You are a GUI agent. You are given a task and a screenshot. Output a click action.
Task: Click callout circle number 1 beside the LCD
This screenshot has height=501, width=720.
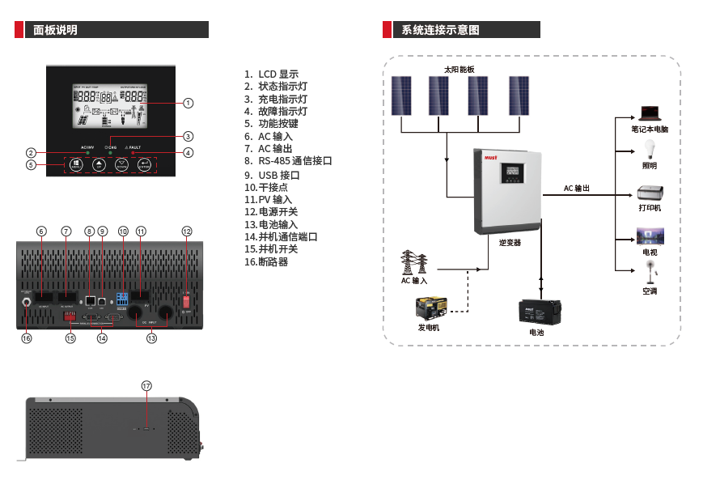point(188,103)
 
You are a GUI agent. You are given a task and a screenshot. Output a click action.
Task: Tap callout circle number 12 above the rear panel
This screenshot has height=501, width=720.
point(187,231)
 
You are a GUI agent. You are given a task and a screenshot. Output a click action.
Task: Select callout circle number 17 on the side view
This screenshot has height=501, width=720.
point(146,386)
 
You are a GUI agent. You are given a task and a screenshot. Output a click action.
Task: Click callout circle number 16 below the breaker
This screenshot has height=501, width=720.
point(27,338)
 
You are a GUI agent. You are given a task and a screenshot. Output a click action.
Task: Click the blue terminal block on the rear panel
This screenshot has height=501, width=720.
point(123,298)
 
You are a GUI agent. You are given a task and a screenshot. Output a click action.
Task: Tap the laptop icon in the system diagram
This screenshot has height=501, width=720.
point(650,113)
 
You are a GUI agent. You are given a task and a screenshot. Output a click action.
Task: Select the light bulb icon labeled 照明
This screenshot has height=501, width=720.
point(649,150)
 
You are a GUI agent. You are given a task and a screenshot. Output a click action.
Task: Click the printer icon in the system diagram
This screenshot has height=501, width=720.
point(649,193)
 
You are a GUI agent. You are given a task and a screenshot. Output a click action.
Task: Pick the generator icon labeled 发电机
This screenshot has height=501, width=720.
point(430,308)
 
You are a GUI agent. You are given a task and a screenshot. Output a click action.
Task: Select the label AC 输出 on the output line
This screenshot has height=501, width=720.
point(577,189)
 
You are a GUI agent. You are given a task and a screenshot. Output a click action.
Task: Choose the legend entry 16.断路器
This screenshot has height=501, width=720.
point(266,262)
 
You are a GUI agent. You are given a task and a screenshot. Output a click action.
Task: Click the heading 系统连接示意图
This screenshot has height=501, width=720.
point(441,30)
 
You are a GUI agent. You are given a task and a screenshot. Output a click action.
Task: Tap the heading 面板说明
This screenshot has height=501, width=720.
point(56,30)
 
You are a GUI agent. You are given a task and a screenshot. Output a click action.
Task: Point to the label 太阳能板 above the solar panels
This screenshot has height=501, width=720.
point(459,70)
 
